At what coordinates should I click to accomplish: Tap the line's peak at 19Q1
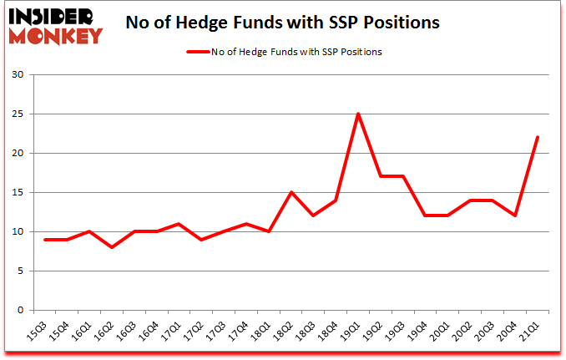(357, 114)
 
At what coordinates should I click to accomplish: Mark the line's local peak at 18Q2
(291, 192)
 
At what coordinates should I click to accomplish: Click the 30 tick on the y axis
(16, 75)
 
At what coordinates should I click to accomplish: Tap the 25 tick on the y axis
(16, 114)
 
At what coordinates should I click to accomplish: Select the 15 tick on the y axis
(16, 193)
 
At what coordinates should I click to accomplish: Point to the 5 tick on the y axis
(19, 271)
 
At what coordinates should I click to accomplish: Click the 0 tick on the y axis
(19, 310)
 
